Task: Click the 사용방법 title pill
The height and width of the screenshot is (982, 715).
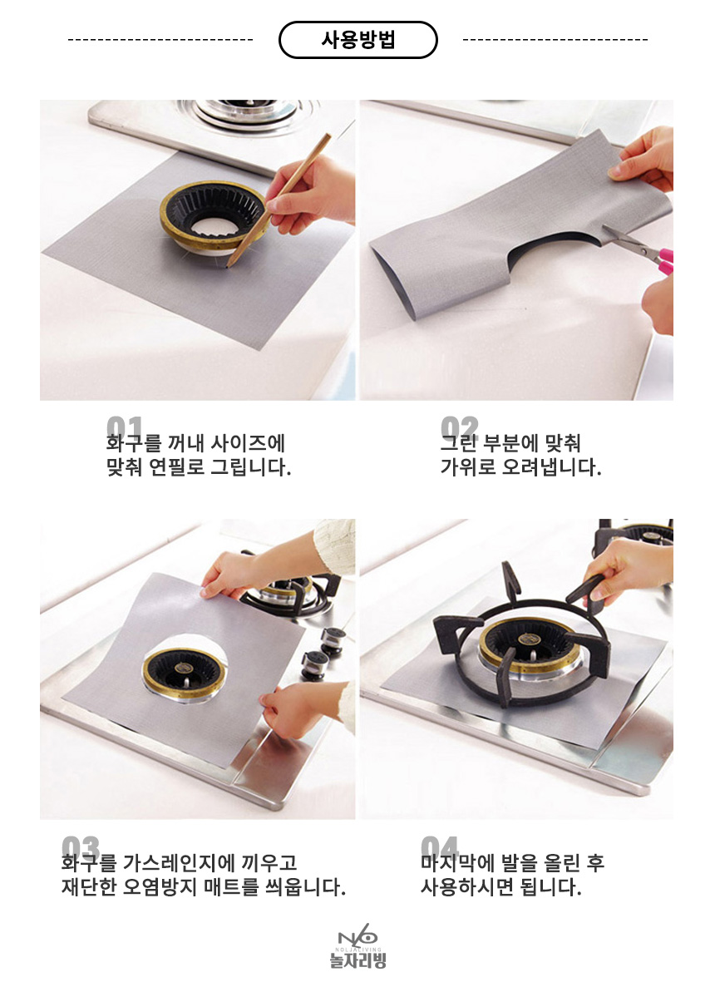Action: click(357, 40)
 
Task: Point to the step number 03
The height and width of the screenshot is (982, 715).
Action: click(81, 846)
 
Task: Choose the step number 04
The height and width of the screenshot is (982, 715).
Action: click(440, 846)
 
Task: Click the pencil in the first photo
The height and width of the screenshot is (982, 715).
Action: click(279, 200)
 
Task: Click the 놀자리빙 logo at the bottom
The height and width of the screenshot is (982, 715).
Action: click(357, 946)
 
